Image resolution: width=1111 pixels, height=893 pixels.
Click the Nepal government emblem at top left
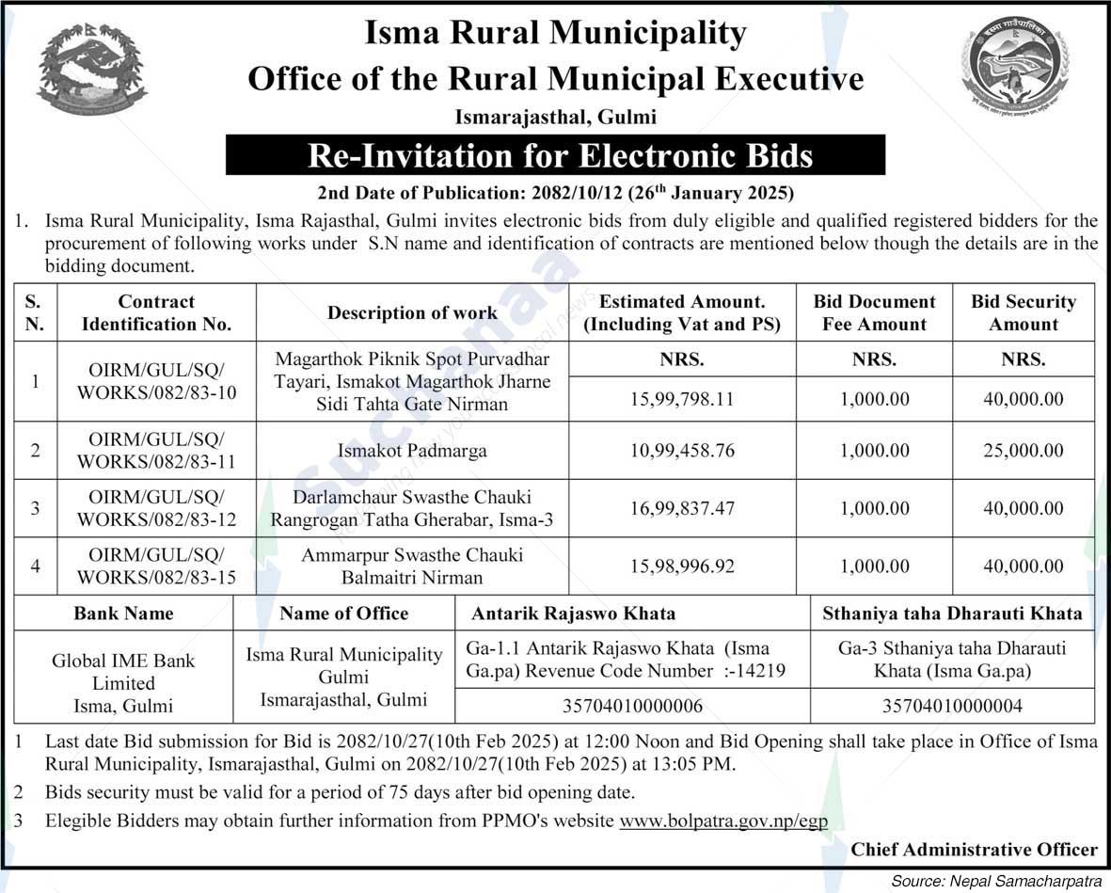91,69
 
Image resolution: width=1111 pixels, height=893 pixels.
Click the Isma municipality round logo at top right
1016,66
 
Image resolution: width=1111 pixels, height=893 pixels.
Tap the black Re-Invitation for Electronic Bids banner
555,155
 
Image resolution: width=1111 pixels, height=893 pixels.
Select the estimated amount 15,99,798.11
682,399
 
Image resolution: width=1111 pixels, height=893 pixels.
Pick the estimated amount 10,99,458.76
682,451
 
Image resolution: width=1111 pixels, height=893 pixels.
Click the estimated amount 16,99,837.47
682,508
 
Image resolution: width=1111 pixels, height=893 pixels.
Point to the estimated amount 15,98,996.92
682,566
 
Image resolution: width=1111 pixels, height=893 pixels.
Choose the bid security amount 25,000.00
1024,451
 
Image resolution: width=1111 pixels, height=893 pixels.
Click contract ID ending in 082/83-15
156,566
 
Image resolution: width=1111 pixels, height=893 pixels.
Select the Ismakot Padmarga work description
412,451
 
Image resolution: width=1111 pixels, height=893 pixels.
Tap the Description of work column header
412,313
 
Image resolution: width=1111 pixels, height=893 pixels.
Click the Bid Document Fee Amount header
874,313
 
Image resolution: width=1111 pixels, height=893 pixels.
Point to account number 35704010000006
631,706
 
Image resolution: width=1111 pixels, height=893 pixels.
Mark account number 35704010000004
952,706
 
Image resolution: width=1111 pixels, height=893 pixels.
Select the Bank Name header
123,614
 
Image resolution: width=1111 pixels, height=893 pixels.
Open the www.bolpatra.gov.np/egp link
722,821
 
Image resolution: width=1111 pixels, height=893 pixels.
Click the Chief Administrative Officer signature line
974,850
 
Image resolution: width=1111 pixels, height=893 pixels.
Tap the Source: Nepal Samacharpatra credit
998,881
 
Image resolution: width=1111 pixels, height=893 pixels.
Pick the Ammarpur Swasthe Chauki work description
412,566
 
